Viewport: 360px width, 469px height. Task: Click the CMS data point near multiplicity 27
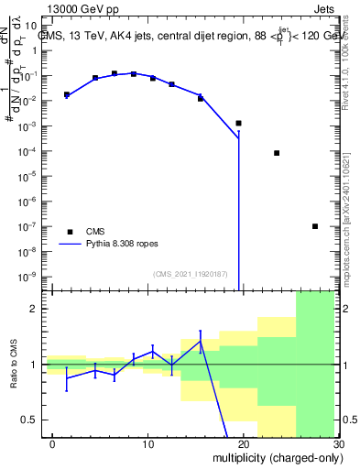click(315, 226)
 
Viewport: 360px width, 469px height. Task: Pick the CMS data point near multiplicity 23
click(277, 153)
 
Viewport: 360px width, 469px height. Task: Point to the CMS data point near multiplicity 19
click(238, 123)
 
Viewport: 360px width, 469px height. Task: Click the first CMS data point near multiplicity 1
click(67, 94)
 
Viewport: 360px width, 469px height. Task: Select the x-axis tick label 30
click(338, 443)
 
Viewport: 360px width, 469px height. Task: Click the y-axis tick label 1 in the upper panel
click(38, 51)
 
